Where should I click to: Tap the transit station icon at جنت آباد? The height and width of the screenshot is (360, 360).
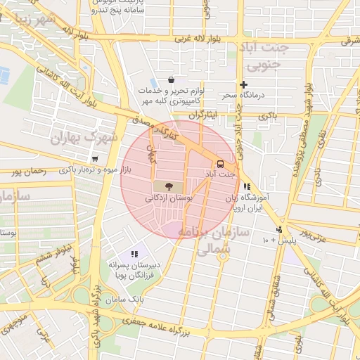tap(220, 161)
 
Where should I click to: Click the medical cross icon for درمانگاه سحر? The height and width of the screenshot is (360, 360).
tap(244, 84)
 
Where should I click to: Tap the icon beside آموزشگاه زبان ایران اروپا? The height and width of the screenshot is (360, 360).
tap(247, 187)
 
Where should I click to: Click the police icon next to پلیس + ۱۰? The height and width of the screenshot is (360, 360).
tap(279, 229)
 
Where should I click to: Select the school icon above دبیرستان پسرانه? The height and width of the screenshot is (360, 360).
tap(134, 254)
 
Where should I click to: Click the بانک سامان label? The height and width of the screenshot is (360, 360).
tap(126, 300)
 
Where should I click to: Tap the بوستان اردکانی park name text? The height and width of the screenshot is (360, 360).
tap(169, 200)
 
